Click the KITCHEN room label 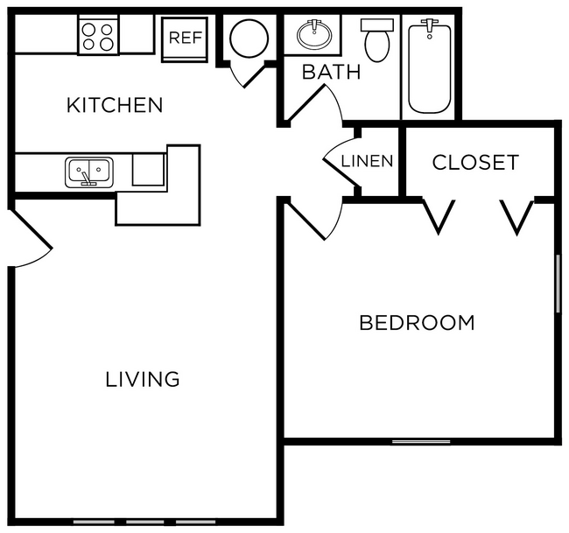click(115, 105)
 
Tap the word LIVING click(143, 379)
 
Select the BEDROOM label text click(417, 322)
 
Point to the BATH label click(331, 72)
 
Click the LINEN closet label click(367, 161)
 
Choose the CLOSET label click(475, 162)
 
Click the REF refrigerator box click(186, 38)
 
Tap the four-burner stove click(98, 36)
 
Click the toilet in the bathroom click(377, 40)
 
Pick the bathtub click(429, 67)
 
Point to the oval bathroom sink click(313, 35)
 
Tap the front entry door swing click(32, 237)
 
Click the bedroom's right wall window click(557, 283)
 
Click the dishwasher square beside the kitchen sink click(148, 169)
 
